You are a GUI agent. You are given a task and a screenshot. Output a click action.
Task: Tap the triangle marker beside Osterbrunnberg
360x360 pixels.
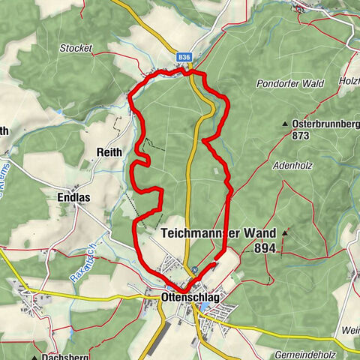pos(286,123)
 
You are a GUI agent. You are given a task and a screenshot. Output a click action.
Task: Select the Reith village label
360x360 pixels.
pos(109,151)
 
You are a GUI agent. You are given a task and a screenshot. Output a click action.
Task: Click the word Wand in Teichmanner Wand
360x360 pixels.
pos(256,233)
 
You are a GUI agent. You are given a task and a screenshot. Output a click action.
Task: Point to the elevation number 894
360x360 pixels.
pos(265,247)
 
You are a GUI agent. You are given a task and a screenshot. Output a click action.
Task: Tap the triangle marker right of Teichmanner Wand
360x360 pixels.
pos(285,233)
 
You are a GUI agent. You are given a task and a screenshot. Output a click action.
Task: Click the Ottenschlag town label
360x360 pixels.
pos(190,298)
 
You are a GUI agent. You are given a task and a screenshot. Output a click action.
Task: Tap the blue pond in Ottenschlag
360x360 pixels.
pos(205,306)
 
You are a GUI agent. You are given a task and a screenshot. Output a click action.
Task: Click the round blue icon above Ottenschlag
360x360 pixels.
pos(195,271)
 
